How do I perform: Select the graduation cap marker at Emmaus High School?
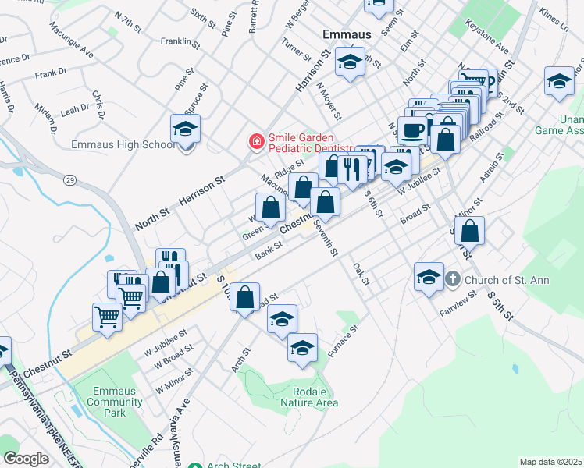click(186, 129)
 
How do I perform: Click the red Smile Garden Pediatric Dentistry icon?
click(255, 141)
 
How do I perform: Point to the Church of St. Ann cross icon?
click(453, 279)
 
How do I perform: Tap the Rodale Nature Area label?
click(314, 396)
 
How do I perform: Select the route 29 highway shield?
click(69, 180)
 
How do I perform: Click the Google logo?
click(26, 458)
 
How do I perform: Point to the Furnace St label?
click(343, 342)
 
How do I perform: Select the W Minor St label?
click(173, 383)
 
